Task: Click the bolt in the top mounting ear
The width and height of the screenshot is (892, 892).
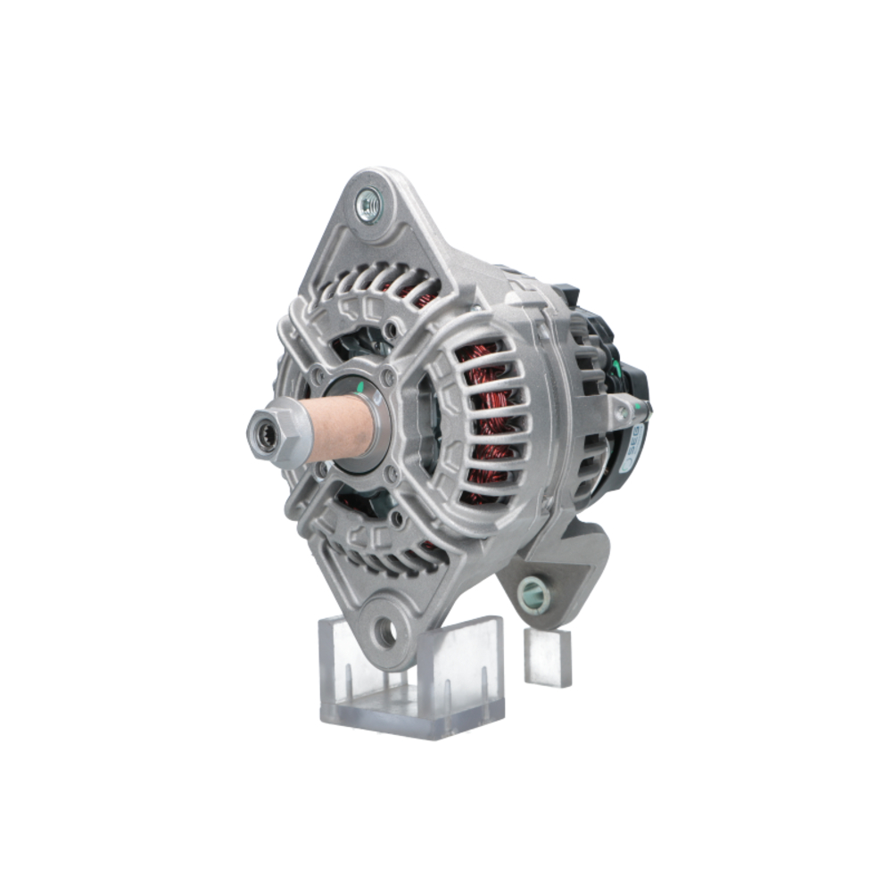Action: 368,206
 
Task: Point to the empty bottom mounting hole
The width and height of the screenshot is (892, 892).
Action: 385,632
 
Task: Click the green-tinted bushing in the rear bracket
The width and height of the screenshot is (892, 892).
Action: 533,591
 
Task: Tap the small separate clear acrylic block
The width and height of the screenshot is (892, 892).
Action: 548,657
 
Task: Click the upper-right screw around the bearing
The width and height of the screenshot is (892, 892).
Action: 387,379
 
